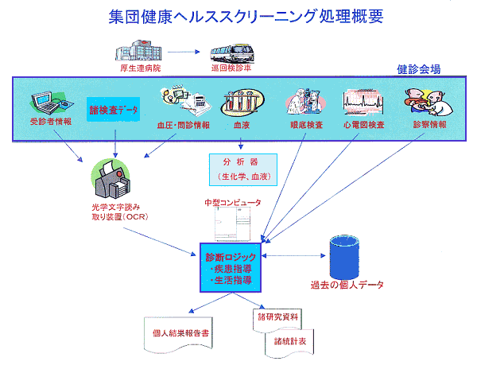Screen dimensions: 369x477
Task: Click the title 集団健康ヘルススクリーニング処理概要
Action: point(238,16)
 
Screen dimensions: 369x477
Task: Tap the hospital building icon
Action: point(138,52)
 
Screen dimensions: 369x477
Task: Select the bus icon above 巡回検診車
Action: point(231,53)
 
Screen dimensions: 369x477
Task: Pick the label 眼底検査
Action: point(306,125)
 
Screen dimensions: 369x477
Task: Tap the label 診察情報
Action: point(429,125)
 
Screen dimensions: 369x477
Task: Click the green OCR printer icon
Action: point(111,179)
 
